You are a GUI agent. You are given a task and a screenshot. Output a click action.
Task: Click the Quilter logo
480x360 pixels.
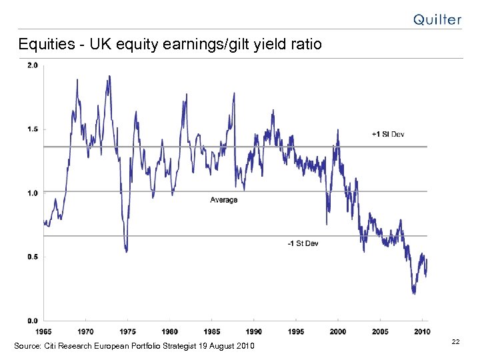(437, 19)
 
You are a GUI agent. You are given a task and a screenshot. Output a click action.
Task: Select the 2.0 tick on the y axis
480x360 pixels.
(32, 65)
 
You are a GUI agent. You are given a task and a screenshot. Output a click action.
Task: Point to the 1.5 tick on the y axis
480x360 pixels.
(32, 129)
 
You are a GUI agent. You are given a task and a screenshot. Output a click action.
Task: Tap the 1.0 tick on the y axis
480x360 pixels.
(32, 193)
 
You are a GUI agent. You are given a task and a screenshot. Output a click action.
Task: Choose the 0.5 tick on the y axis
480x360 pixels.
(32, 257)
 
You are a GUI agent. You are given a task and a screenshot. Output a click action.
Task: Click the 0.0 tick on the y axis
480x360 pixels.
(32, 321)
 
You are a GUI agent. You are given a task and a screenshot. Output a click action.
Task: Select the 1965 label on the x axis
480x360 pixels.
(44, 331)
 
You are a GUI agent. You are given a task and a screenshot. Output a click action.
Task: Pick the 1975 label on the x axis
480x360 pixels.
(127, 331)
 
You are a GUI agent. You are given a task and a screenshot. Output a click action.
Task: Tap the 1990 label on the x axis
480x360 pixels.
(254, 331)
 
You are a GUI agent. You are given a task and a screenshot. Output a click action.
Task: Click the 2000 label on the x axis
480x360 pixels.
(338, 331)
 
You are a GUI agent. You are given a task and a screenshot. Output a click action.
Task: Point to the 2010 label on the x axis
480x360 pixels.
(421, 331)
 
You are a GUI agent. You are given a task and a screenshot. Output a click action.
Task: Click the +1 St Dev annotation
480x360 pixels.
(388, 135)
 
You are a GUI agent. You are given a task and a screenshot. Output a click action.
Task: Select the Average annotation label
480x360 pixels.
(223, 200)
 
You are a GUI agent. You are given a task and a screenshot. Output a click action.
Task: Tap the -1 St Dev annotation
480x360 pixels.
(303, 243)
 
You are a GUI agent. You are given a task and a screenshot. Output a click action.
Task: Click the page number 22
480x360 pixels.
(455, 341)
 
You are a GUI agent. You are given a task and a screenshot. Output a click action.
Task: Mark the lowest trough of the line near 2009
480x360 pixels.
(414, 292)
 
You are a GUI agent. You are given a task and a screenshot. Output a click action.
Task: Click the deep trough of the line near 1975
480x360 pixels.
(126, 251)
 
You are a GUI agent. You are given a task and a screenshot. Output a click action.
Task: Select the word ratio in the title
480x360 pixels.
(306, 45)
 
